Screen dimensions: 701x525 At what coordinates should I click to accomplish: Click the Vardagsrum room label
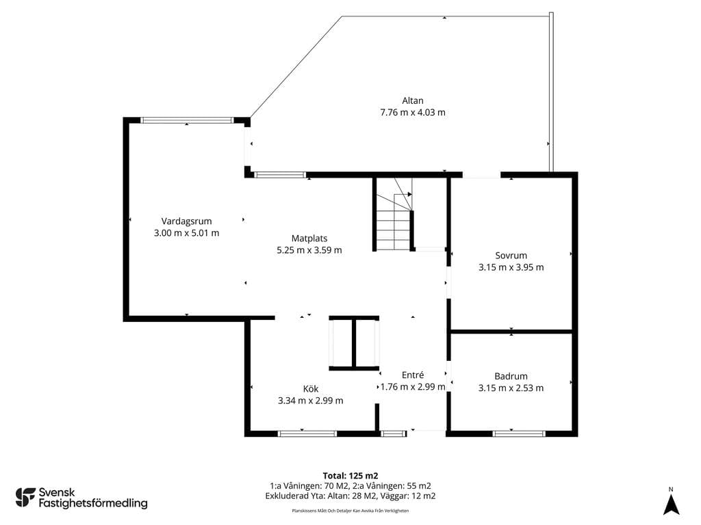point(186,221)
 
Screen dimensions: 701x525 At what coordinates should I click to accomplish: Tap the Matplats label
point(309,239)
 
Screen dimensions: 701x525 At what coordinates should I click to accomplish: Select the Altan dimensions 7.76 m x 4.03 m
point(413,113)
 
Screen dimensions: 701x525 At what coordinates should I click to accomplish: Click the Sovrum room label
point(511,256)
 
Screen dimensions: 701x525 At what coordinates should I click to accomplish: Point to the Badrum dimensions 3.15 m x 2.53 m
point(511,388)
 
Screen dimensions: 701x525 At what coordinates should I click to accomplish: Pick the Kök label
point(311,389)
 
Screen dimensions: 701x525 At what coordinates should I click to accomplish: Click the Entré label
point(413,375)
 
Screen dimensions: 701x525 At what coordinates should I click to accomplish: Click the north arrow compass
point(671,504)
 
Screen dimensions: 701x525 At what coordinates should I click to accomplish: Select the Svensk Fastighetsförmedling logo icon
point(25,498)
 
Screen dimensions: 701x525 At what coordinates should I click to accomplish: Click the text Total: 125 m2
point(350,476)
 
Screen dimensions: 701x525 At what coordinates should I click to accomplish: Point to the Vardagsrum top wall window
point(187,120)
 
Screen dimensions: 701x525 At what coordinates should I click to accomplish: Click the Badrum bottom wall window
point(519,433)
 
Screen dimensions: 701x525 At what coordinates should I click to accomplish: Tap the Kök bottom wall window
point(307,433)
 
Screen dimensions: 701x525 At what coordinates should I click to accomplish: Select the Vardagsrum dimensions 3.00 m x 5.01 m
point(186,233)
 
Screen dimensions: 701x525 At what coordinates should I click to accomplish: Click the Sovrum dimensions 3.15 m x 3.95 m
point(511,267)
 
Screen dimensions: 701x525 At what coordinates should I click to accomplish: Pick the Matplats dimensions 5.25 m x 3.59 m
point(309,250)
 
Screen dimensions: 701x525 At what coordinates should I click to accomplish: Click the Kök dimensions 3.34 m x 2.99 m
point(311,401)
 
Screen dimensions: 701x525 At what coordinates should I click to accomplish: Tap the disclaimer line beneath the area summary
point(350,511)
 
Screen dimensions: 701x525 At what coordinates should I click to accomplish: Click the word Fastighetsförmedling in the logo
point(93,504)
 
